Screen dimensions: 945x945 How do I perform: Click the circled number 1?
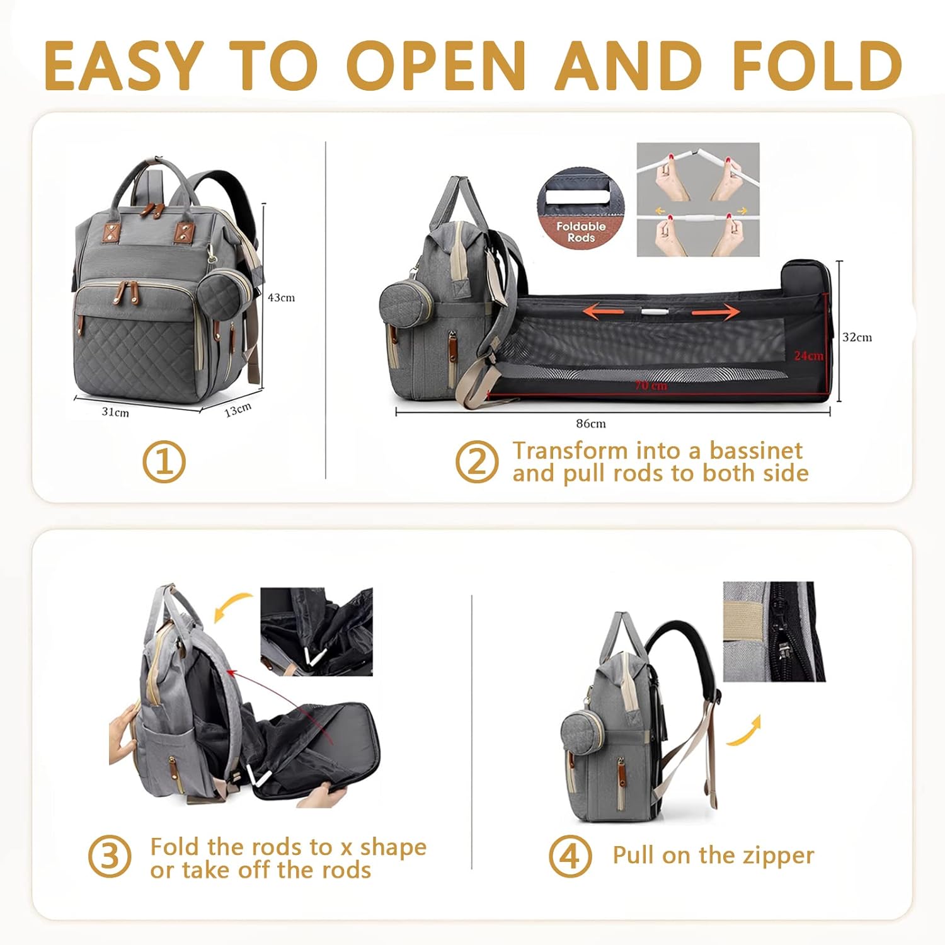(x=164, y=462)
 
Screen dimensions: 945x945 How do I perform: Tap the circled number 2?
(x=477, y=462)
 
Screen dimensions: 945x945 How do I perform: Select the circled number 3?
(x=110, y=857)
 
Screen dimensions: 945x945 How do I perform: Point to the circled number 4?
(x=570, y=856)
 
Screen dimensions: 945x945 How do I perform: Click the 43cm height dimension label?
(x=281, y=297)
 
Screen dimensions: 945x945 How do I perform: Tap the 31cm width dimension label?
(x=115, y=412)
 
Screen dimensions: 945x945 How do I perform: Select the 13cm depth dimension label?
(x=238, y=410)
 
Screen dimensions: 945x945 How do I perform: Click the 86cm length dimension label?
(x=591, y=423)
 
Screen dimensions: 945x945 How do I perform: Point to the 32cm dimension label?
(x=857, y=337)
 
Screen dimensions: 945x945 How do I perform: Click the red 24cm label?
(x=808, y=356)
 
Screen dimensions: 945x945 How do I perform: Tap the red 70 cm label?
(x=651, y=385)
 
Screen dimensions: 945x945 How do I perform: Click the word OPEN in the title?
(x=436, y=66)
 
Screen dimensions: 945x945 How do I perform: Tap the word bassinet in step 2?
(x=756, y=450)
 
